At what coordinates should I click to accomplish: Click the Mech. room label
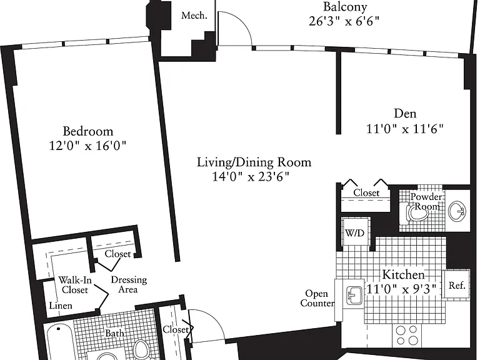(194, 16)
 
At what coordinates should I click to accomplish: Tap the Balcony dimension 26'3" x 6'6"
(344, 21)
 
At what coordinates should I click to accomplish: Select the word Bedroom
(88, 131)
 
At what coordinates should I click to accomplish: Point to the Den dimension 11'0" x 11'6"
(405, 129)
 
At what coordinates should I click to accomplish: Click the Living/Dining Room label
(254, 162)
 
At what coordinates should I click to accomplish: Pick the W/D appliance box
(356, 232)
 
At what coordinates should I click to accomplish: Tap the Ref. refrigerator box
(457, 285)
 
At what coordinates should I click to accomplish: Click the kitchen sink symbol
(354, 296)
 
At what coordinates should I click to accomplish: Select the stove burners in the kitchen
(406, 335)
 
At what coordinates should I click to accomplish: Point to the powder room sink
(457, 211)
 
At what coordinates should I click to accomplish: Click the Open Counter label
(317, 299)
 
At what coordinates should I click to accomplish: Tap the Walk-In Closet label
(75, 285)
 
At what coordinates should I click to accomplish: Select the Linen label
(61, 306)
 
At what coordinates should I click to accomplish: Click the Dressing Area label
(129, 284)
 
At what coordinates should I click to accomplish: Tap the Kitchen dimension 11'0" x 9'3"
(401, 289)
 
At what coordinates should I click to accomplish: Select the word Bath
(114, 333)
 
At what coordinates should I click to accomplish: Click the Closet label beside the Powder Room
(366, 193)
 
